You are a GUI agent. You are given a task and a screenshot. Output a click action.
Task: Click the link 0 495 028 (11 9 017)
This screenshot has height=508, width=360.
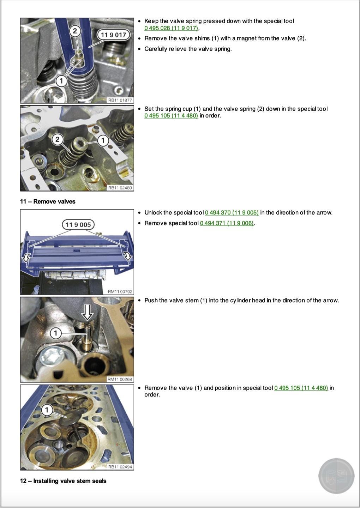pyautogui.click(x=171, y=28)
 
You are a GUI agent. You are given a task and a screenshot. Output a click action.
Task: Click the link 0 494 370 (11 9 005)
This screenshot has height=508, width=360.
pyautogui.click(x=232, y=212)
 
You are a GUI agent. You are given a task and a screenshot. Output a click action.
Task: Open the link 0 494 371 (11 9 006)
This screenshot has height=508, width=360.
pyautogui.click(x=227, y=223)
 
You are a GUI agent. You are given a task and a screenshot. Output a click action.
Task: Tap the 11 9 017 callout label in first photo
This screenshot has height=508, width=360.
pyautogui.click(x=113, y=35)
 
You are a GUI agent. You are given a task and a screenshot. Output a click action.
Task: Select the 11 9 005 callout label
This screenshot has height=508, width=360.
pyautogui.click(x=78, y=225)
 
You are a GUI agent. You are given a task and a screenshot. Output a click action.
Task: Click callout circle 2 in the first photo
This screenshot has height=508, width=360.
pyautogui.click(x=75, y=31)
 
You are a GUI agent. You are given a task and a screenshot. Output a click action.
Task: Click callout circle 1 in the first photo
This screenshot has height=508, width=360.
pyautogui.click(x=61, y=81)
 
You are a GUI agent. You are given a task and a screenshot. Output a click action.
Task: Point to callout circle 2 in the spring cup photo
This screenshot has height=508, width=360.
pyautogui.click(x=58, y=139)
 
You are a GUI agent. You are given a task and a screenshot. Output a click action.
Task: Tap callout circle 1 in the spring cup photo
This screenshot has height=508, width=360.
pyautogui.click(x=103, y=140)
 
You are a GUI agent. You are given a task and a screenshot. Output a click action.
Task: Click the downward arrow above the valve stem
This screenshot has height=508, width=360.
pyautogui.click(x=88, y=312)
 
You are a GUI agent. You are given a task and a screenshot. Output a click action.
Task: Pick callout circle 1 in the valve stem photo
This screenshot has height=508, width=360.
pyautogui.click(x=55, y=333)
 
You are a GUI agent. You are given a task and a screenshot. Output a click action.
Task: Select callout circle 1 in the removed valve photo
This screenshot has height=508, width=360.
pyautogui.click(x=47, y=410)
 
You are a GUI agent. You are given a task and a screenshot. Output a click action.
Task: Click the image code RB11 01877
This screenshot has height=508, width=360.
pyautogui.click(x=120, y=100)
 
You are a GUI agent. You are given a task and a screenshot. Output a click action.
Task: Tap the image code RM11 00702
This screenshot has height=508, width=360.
pyautogui.click(x=120, y=292)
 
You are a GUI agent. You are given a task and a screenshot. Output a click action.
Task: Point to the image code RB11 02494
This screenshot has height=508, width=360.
pyautogui.click(x=120, y=467)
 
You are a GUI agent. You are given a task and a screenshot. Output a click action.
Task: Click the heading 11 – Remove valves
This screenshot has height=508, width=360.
pyautogui.click(x=48, y=201)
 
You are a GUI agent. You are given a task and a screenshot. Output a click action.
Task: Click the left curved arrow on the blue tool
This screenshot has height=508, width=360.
pyautogui.click(x=26, y=258)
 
